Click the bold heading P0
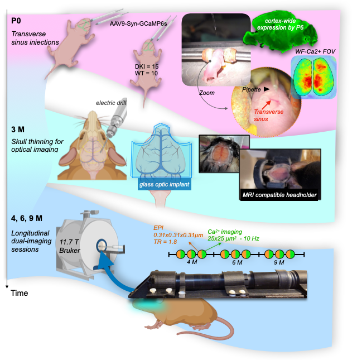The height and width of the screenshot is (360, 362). tap(16, 21)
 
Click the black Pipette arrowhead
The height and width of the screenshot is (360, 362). tap(267, 89)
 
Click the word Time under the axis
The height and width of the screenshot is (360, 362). tap(20, 292)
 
